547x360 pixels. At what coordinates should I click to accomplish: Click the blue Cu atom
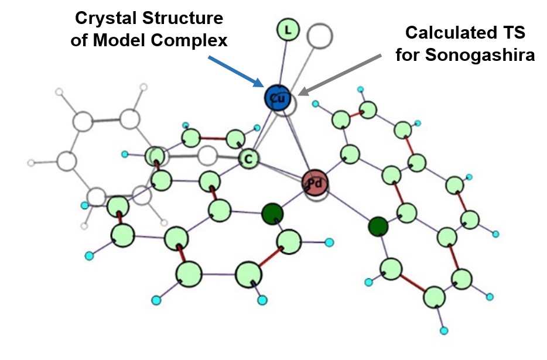click(276, 99)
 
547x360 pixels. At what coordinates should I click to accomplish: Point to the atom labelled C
click(248, 157)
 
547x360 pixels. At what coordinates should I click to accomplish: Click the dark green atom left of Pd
click(272, 213)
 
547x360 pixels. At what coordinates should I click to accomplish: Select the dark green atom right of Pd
click(378, 225)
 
